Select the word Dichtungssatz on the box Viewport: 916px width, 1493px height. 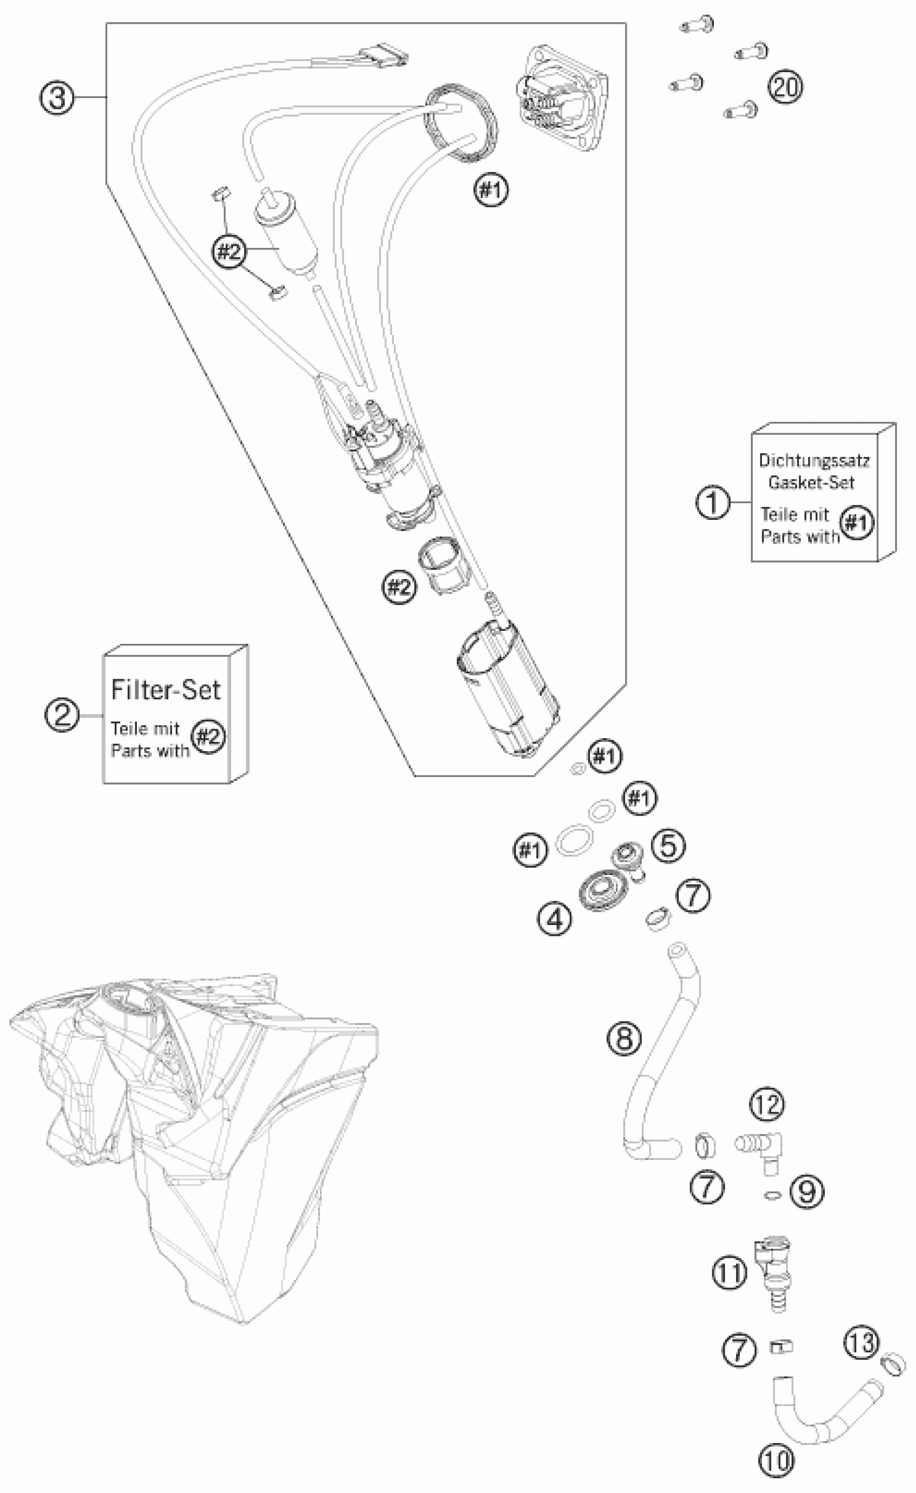(814, 461)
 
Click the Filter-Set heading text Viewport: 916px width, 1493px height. (165, 690)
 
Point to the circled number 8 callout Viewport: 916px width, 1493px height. (624, 1038)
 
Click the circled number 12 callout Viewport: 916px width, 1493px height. (767, 1104)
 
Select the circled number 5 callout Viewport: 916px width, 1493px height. (668, 846)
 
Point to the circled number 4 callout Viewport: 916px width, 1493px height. (554, 919)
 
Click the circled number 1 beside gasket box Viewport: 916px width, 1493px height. (713, 502)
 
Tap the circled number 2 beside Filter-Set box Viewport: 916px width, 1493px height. (63, 715)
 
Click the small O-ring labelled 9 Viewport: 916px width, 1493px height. (773, 1195)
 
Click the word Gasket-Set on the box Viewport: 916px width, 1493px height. (811, 483)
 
